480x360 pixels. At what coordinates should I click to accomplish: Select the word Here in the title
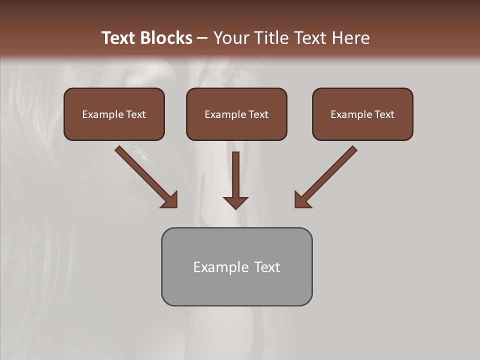tap(350, 38)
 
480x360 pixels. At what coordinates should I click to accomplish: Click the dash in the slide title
tap(203, 38)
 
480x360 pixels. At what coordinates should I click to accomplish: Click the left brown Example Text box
tap(114, 114)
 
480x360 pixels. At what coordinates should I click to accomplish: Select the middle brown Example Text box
tap(236, 114)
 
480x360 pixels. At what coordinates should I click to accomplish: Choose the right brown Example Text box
tap(362, 114)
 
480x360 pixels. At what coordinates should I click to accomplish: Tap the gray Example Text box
tap(236, 267)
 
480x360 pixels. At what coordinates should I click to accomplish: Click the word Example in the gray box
tap(221, 267)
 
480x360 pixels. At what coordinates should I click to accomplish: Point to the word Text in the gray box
tap(267, 267)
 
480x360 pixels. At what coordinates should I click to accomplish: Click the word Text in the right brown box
tap(384, 114)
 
